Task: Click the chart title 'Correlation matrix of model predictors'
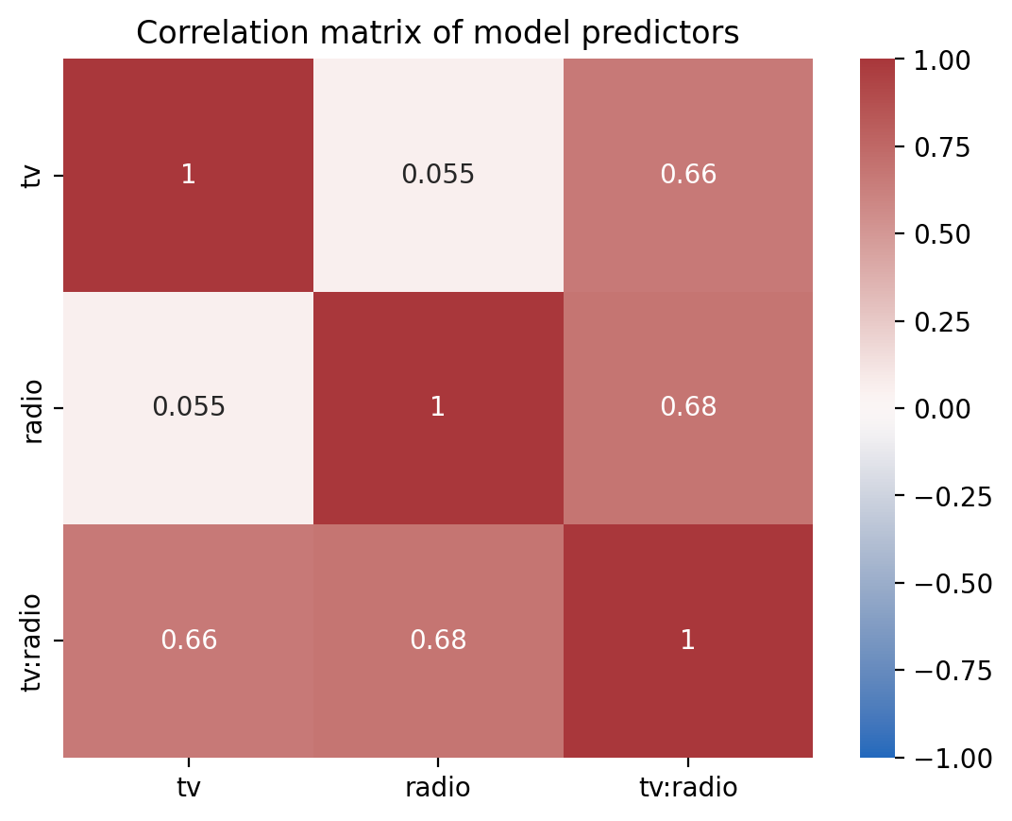(x=437, y=33)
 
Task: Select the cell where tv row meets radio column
(x=438, y=175)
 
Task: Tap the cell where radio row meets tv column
(x=188, y=407)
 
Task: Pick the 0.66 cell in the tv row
(x=687, y=175)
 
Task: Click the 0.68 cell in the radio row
(x=687, y=407)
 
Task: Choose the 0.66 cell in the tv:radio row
(x=188, y=641)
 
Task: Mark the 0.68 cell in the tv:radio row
(x=438, y=641)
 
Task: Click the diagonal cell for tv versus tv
(x=188, y=175)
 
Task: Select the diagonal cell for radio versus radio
(x=438, y=407)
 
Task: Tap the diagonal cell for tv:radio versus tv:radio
(x=687, y=641)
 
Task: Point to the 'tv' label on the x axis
(x=188, y=787)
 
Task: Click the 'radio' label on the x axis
(x=438, y=787)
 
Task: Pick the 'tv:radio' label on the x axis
(x=687, y=787)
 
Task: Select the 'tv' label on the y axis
(x=35, y=175)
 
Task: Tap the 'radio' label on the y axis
(x=35, y=407)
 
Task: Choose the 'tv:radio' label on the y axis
(x=35, y=641)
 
